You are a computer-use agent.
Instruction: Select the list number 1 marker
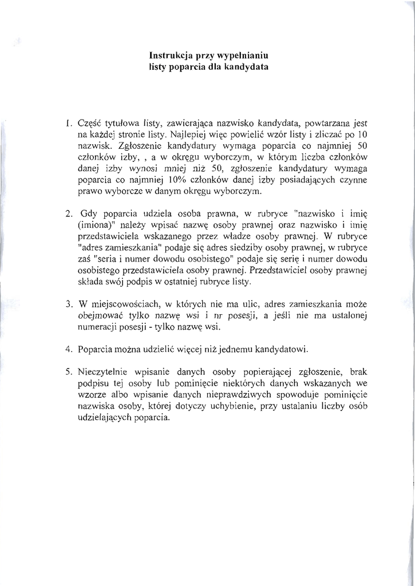click(67, 123)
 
